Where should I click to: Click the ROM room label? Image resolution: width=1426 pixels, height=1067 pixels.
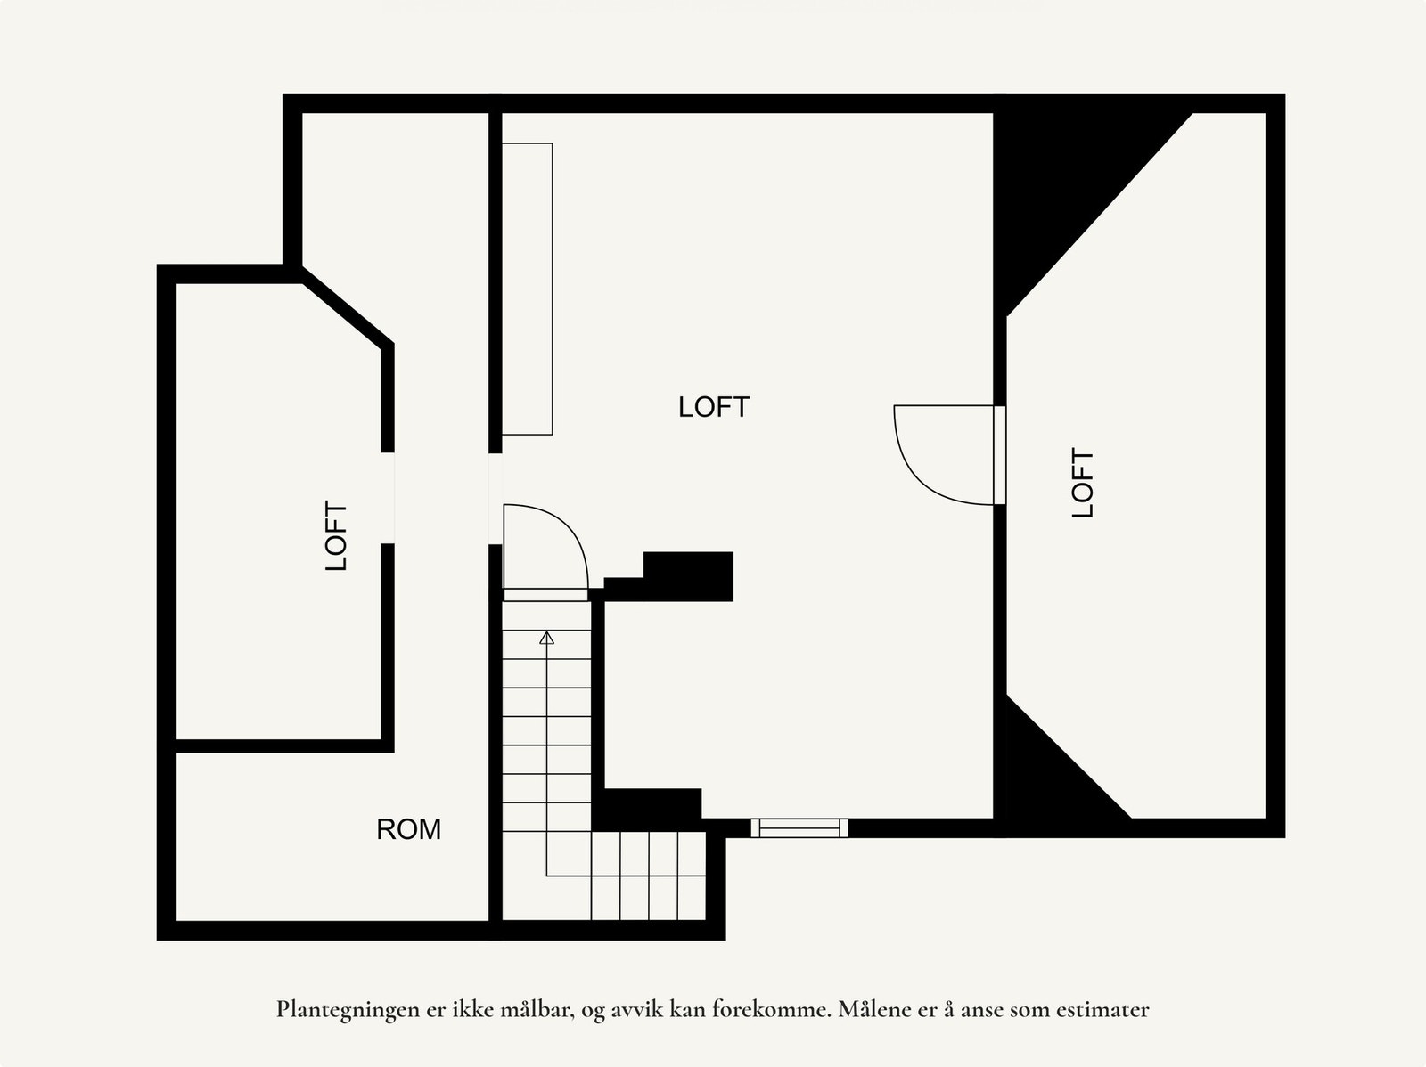pos(408,829)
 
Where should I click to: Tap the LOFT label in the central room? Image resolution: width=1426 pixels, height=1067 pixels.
pos(713,407)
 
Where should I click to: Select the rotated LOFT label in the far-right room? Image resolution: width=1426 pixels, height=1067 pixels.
pos(1082,483)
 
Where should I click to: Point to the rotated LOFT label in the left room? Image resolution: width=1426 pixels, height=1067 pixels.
pos(336,535)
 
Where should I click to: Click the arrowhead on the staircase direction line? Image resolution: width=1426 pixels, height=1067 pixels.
pos(546,638)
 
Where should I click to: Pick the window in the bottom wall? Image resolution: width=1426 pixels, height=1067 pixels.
pos(799,828)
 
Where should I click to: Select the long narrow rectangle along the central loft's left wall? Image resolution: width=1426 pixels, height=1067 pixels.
pos(527,289)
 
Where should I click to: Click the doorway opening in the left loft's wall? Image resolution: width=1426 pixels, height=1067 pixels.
pos(388,498)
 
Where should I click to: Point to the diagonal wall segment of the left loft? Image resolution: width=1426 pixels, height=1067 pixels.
pos(348,311)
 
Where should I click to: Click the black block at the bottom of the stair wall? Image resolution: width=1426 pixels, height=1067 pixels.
pos(647,806)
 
